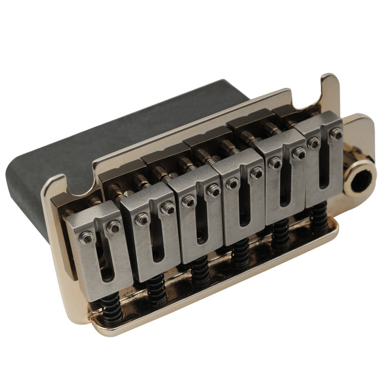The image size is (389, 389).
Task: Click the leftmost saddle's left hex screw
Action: [86, 237]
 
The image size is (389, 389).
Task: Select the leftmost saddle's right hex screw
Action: [114, 226]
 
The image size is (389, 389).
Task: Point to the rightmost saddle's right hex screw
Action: [336, 134]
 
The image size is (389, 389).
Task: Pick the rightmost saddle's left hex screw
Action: [313, 143]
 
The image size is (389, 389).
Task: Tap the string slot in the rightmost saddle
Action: [325, 167]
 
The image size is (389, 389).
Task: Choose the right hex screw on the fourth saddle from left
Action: [256, 173]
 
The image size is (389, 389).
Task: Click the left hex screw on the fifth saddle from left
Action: [275, 162]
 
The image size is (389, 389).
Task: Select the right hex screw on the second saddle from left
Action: [167, 208]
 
